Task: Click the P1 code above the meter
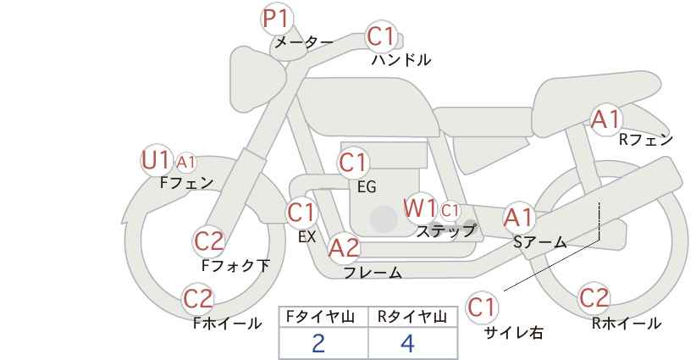[x=277, y=19]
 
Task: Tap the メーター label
[x=304, y=42]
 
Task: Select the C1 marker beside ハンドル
[x=381, y=36]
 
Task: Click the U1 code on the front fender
[x=155, y=160]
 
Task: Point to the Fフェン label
[x=186, y=183]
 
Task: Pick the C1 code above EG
[x=353, y=163]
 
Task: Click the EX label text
[x=307, y=237]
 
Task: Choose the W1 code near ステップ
[x=419, y=208]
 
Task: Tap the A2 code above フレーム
[x=343, y=248]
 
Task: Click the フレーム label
[x=373, y=272]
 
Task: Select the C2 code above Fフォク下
[x=209, y=242]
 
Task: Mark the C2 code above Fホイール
[x=198, y=299]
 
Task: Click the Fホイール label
[x=227, y=324]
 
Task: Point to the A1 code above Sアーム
[x=518, y=218]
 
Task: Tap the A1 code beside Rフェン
[x=605, y=119]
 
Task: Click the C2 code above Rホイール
[x=594, y=298]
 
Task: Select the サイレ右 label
[x=514, y=333]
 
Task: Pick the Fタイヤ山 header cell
[x=323, y=317]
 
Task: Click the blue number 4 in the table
[x=407, y=344]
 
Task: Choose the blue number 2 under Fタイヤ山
[x=318, y=344]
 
